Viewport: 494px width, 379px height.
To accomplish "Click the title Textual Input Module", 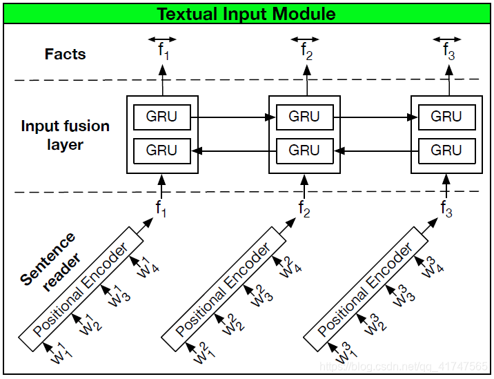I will point(246,14).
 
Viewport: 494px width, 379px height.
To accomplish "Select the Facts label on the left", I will point(66,54).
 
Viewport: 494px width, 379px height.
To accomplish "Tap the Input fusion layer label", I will point(65,135).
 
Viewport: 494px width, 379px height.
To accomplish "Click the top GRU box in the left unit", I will point(161,117).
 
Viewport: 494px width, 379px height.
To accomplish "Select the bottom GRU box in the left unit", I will point(161,150).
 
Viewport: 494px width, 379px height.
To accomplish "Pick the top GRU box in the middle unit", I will point(304,117).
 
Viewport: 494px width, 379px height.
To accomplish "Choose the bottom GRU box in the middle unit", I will point(304,150).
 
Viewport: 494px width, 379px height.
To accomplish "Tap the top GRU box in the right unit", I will point(446,117).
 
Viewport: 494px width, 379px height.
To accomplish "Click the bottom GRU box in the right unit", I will point(446,150).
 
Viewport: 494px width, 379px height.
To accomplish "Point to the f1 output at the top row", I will point(162,51).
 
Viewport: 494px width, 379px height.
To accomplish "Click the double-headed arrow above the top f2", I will point(305,39).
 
